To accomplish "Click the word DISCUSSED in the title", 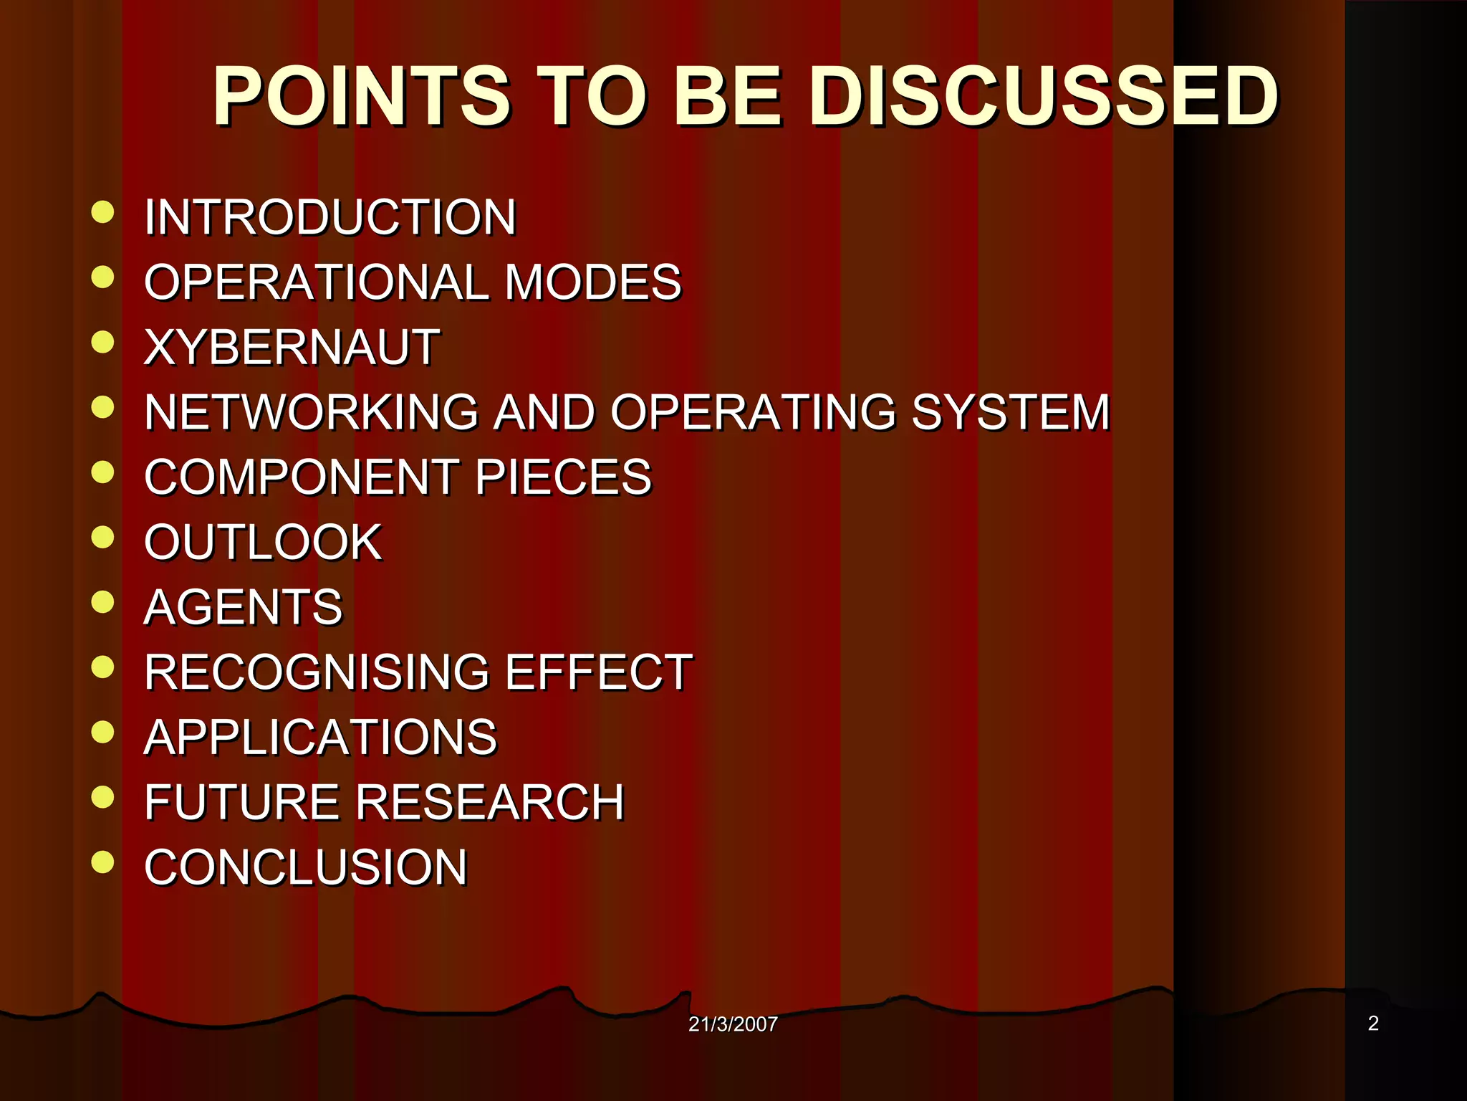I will pyautogui.click(x=1044, y=96).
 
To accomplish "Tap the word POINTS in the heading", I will pyautogui.click(x=362, y=96).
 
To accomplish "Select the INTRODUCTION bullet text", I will pyautogui.click(x=330, y=217).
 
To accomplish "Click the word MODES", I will pyautogui.click(x=592, y=282).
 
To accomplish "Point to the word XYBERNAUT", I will pyautogui.click(x=292, y=347).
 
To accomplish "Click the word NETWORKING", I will pyautogui.click(x=311, y=412).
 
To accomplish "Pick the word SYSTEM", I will pyautogui.click(x=1010, y=412).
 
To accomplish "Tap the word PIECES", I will pyautogui.click(x=563, y=477).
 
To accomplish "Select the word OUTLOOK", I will pyautogui.click(x=263, y=542).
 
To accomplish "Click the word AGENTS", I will pyautogui.click(x=244, y=607).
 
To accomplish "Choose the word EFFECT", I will pyautogui.click(x=599, y=672).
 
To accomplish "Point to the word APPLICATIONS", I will pyautogui.click(x=320, y=737).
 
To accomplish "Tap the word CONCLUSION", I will pyautogui.click(x=306, y=867).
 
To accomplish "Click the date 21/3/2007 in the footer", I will pyautogui.click(x=733, y=1024).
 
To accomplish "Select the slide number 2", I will pyautogui.click(x=1373, y=1023).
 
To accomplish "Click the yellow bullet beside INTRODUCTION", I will pyautogui.click(x=103, y=212).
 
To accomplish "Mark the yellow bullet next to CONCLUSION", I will pyautogui.click(x=103, y=862).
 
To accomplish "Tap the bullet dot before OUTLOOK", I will pyautogui.click(x=103, y=537).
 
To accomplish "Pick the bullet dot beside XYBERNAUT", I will pyautogui.click(x=103, y=342).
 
